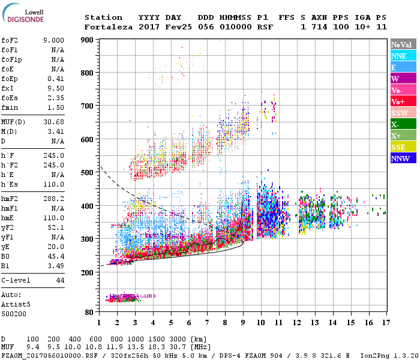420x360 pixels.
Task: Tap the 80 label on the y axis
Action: coord(88,313)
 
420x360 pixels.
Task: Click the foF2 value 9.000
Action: coord(53,40)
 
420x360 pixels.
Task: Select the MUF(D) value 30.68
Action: coord(53,122)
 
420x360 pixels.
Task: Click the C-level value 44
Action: coord(60,280)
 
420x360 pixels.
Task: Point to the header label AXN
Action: coord(319,17)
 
